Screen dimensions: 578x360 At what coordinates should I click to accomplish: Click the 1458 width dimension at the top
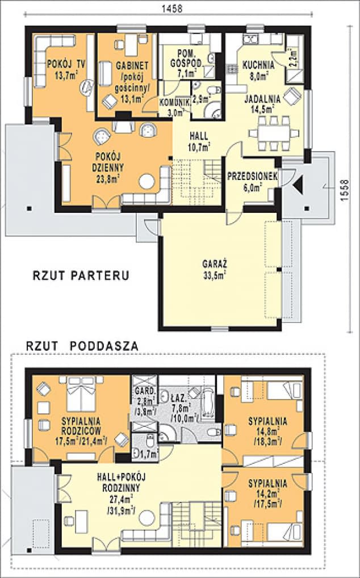click(170, 9)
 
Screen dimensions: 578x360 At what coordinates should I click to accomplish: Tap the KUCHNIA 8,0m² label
click(258, 68)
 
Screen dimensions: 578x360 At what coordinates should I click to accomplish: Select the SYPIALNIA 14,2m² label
click(267, 492)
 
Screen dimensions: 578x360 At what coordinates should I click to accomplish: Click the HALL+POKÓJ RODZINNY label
click(118, 494)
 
